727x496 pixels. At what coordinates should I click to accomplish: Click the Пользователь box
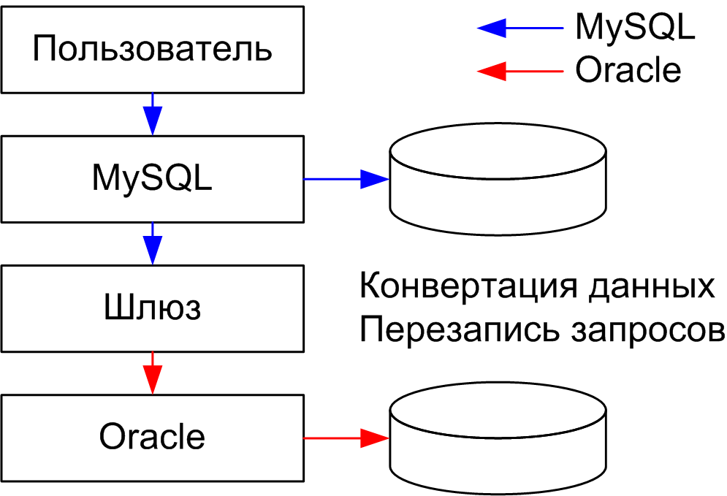point(152,50)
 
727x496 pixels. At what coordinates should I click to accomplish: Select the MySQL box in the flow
point(152,178)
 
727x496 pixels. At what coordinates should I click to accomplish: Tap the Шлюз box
point(152,308)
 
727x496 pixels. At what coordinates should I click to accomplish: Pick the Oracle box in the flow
point(152,437)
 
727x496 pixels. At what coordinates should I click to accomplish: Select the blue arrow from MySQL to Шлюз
point(152,243)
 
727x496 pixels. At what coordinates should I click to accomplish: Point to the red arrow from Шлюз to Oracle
point(152,373)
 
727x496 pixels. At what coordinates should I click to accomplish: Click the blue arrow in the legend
point(519,28)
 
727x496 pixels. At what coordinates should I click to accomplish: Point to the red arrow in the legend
point(519,70)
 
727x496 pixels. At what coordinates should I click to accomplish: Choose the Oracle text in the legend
point(628,70)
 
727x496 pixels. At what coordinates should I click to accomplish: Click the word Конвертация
point(470,286)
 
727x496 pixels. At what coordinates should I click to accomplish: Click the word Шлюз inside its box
point(152,308)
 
